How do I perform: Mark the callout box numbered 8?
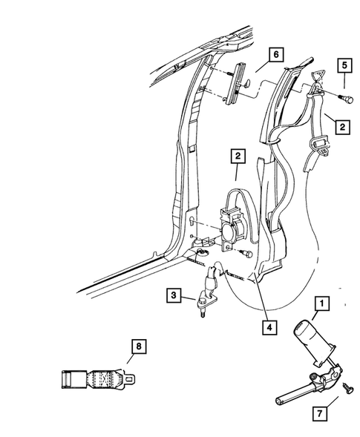[137, 346]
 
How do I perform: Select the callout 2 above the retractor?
[238, 157]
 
